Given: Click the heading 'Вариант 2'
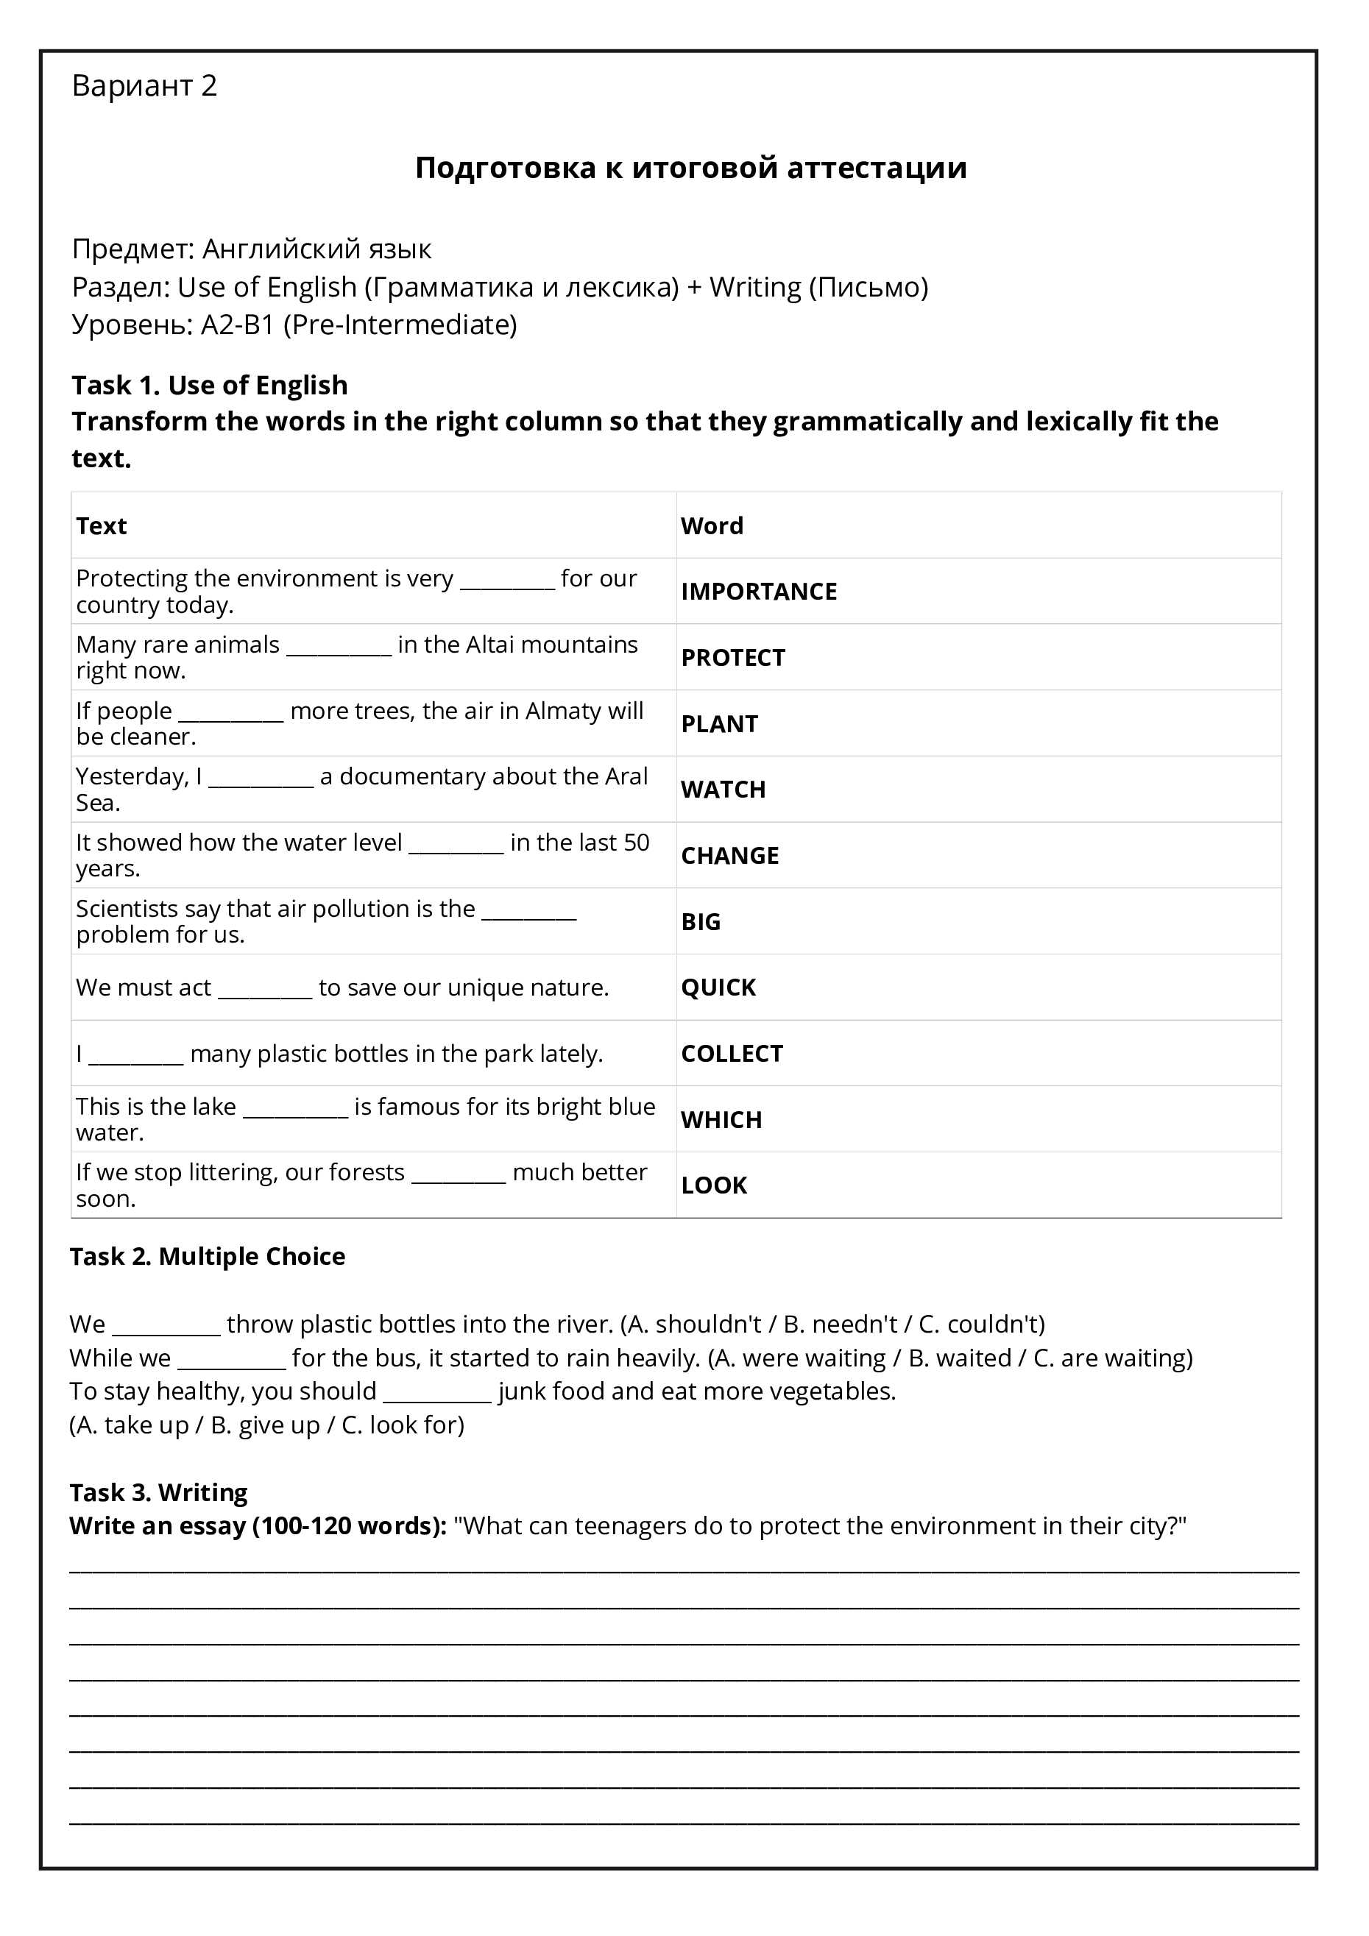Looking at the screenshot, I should [144, 86].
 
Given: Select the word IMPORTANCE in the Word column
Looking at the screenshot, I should [758, 592].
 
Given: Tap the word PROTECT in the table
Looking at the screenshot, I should [732, 658].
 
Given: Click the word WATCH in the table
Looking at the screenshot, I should [723, 790].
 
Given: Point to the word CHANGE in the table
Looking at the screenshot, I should [729, 856].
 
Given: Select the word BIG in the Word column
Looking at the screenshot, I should [700, 921].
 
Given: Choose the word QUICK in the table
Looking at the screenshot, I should [718, 987].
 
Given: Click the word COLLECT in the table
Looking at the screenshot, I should [732, 1054].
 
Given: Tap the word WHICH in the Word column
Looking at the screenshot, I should [721, 1120].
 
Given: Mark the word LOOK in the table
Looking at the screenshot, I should [714, 1185].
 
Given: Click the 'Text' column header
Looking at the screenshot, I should [102, 526].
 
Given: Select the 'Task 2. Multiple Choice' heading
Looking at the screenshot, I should [208, 1256].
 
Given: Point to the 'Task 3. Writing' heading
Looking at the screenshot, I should [158, 1492].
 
